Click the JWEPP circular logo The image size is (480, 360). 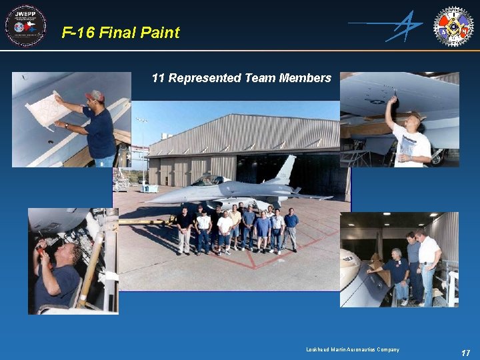coord(25,25)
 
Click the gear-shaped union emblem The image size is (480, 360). coord(453,26)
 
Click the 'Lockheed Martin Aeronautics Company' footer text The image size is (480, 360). coord(353,349)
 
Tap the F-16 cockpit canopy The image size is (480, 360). coord(208,179)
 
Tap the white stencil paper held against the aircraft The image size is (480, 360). coord(47,111)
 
